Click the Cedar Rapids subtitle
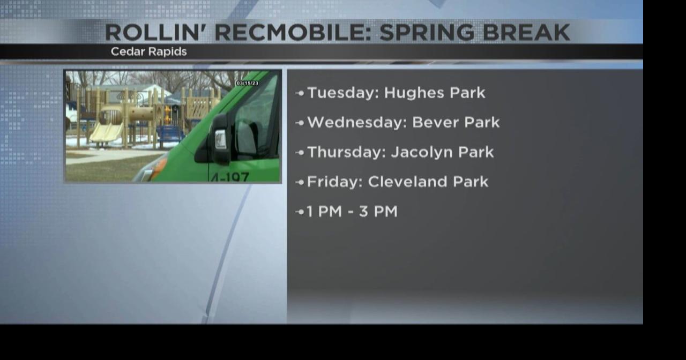point(148,52)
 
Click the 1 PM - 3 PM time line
point(352,212)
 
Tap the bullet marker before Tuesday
point(300,93)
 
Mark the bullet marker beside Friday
point(300,182)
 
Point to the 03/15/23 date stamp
point(247,83)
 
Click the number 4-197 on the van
point(230,176)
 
